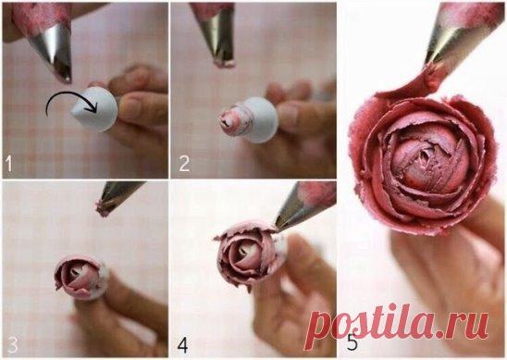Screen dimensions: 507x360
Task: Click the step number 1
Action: click(8, 164)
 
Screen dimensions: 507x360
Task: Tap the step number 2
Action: click(184, 164)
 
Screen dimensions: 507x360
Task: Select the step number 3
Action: click(12, 344)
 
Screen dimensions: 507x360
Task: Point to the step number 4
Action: click(182, 345)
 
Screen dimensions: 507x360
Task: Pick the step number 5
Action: click(352, 342)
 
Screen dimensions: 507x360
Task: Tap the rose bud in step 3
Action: click(78, 278)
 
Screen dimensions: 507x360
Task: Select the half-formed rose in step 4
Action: click(246, 254)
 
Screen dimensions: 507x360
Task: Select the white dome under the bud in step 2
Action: click(260, 119)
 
